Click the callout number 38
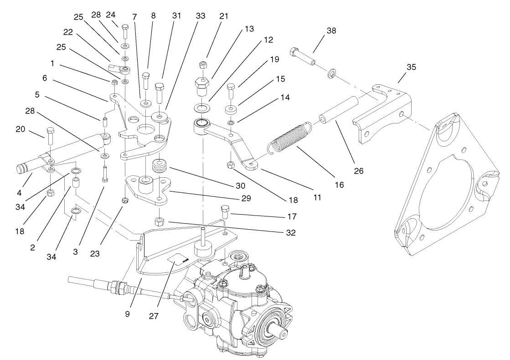pos(331,31)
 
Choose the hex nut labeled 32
pos(160,222)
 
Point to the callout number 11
pos(318,198)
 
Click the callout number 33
pos(201,15)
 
